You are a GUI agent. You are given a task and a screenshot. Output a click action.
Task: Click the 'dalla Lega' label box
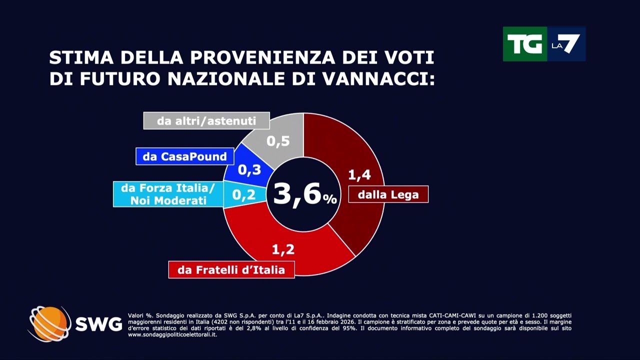pyautogui.click(x=388, y=194)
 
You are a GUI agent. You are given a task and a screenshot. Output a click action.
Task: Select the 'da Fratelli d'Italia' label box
pyautogui.click(x=231, y=270)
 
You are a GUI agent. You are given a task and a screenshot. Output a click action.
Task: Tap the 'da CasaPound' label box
pyautogui.click(x=184, y=156)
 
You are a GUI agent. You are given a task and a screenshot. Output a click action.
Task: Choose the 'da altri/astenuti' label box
pyautogui.click(x=206, y=121)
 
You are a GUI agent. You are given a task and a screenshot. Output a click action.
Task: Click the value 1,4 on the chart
pyautogui.click(x=359, y=174)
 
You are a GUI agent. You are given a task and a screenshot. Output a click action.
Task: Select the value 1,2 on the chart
pyautogui.click(x=283, y=248)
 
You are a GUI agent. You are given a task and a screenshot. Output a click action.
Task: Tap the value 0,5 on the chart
pyautogui.click(x=278, y=141)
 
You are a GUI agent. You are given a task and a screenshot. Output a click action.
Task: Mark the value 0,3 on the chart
pyautogui.click(x=249, y=170)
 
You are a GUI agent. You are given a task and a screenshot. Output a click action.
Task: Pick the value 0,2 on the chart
pyautogui.click(x=244, y=194)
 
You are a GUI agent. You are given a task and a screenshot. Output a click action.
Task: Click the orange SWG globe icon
pyautogui.click(x=49, y=324)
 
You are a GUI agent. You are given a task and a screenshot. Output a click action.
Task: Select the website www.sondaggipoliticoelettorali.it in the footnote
pyautogui.click(x=172, y=334)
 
